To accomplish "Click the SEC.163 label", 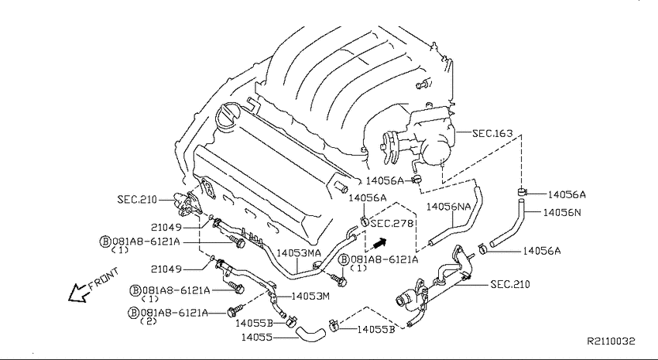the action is pos(492,133).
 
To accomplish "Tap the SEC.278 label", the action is pos(392,224).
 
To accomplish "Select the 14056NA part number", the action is pos(448,207).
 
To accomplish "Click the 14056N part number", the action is pos(562,212).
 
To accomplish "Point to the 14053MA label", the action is pos(299,253).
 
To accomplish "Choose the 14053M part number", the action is pos(310,297).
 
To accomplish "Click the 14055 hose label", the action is pos(256,337).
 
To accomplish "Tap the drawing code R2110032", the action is pos(611,341).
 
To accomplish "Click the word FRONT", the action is pos(104,279).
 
